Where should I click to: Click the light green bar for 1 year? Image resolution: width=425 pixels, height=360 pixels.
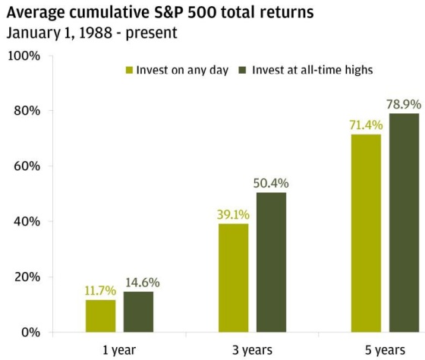point(100,316)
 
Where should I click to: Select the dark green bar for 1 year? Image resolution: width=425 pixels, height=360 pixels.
point(138,311)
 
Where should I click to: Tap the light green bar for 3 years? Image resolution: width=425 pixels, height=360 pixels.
point(234,278)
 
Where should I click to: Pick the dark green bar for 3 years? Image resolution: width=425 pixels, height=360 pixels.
point(272,262)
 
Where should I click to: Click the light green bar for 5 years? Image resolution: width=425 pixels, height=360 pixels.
point(366,233)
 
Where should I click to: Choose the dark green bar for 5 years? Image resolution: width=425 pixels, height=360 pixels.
point(405,223)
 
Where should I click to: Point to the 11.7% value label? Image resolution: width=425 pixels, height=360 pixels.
point(100,291)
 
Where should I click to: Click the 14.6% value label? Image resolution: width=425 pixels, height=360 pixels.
point(143,283)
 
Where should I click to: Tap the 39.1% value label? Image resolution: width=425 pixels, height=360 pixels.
point(233,215)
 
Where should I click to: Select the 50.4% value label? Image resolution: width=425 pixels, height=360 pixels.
point(271,183)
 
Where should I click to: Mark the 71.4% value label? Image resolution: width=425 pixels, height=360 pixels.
point(366,125)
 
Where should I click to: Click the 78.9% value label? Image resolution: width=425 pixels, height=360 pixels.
point(404,105)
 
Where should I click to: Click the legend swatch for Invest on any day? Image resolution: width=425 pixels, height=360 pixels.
point(130,70)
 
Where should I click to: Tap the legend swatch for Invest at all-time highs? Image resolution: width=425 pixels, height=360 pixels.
point(242,70)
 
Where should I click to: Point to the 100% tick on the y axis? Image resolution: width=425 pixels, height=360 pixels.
point(24,56)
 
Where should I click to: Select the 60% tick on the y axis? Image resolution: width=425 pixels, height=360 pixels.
point(27,166)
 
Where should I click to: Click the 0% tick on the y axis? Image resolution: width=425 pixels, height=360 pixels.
point(30,333)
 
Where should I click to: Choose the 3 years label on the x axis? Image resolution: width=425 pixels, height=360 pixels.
point(252,350)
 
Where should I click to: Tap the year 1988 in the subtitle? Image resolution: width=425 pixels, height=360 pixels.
point(96,33)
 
